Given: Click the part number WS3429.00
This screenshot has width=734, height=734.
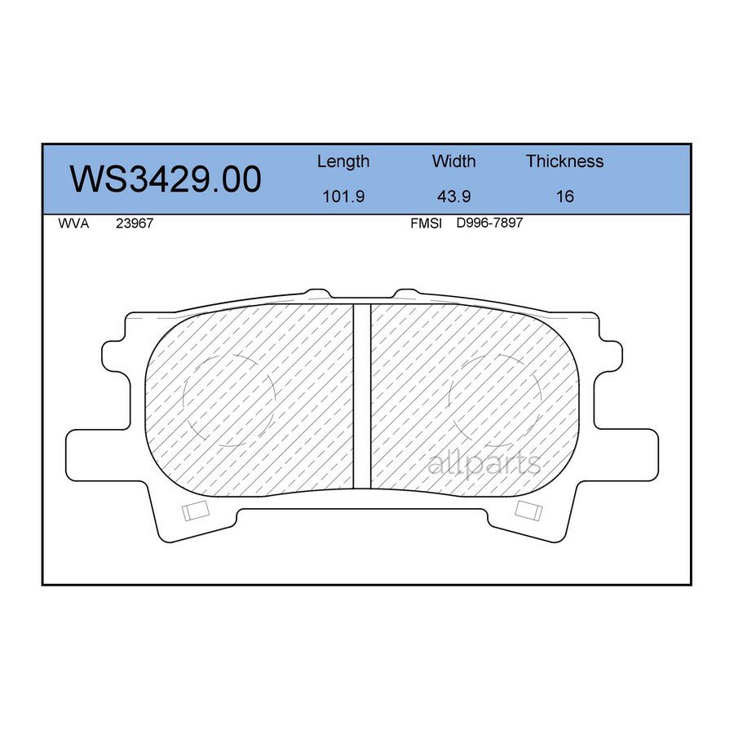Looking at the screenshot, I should point(166,179).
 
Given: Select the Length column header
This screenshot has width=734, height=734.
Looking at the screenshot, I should point(343,161).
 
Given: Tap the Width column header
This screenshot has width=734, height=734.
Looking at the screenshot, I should point(453,161).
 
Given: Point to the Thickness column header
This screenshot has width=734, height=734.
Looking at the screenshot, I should point(564,161).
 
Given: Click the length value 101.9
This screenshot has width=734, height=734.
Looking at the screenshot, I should point(343,197).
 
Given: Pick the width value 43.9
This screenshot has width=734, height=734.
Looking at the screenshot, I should point(453,197).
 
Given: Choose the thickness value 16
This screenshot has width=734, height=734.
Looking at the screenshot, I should point(564,197).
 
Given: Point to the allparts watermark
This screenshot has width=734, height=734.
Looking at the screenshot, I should point(484,464).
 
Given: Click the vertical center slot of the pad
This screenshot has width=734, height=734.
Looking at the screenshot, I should point(361,396).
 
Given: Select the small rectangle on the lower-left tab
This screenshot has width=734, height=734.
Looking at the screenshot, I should point(196,511).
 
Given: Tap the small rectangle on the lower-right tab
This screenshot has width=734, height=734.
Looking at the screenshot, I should point(528,511).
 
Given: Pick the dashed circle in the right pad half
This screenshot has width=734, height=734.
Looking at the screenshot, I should point(496,400).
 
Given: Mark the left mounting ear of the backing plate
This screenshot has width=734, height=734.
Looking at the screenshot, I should point(114,359).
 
